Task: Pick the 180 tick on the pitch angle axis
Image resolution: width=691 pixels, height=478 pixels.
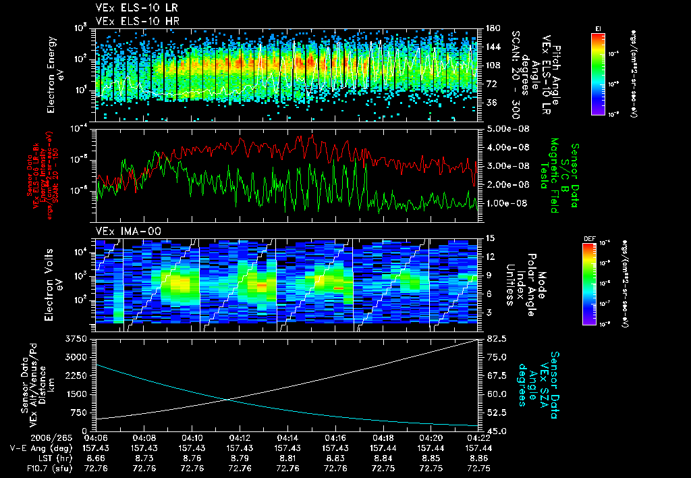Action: point(492,28)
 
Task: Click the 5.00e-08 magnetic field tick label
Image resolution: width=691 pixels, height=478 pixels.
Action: point(505,128)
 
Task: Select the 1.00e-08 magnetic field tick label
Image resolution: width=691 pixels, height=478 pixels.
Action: point(505,203)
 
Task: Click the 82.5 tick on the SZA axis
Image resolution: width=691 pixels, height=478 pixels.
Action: point(495,338)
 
